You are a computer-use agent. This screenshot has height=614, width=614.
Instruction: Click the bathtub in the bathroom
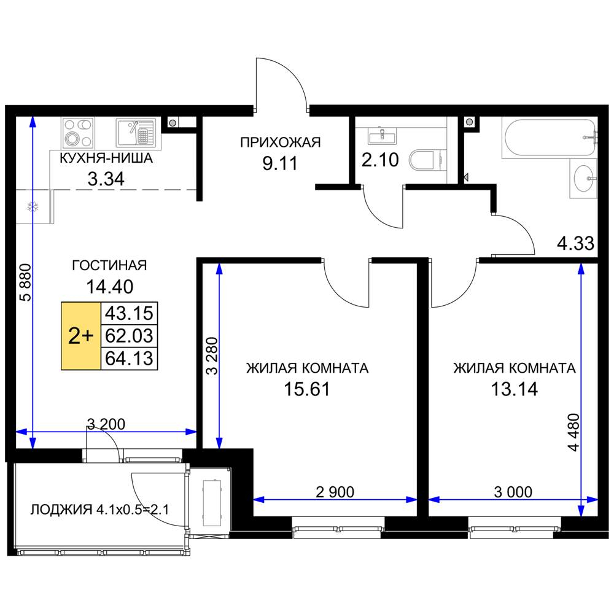coord(550,138)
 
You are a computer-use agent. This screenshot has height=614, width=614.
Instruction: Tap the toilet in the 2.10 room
coord(427,160)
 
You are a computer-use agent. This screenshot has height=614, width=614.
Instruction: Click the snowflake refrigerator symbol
coord(33,206)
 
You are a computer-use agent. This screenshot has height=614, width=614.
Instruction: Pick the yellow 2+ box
coord(81,336)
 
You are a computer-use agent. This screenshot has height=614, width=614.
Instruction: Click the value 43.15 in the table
coord(129,313)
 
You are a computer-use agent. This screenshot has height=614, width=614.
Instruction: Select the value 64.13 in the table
coord(129,359)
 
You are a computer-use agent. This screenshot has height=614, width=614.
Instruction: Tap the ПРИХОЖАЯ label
coord(281,142)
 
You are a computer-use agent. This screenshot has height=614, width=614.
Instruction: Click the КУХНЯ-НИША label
coord(106,158)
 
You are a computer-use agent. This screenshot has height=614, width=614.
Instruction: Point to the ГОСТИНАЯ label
coord(110,265)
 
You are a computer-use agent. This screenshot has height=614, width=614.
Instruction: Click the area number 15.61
coord(307,389)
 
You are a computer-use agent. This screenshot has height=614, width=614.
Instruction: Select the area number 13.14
coord(515,389)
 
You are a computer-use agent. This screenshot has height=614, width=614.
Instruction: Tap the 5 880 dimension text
coord(26,282)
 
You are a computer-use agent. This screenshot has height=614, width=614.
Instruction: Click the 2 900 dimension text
coord(335,492)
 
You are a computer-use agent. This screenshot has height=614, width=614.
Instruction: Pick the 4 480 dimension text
coord(573,433)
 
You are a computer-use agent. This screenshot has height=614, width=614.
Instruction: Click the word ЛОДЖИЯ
coord(61,510)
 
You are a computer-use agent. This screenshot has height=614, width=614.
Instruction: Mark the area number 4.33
coord(576,243)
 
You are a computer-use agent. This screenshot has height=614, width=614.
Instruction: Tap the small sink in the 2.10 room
coord(382,136)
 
